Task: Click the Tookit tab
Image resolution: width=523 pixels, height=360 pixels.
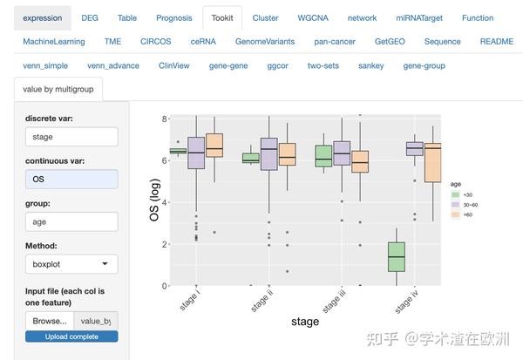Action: (221, 17)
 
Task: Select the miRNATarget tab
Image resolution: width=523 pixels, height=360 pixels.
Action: (419, 17)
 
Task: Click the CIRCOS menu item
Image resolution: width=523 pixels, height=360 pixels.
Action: (156, 41)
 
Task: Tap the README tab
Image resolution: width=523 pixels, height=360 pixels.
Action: (496, 41)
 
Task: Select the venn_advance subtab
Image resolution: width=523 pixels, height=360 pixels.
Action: (114, 65)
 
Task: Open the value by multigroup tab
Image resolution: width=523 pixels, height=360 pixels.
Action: (58, 88)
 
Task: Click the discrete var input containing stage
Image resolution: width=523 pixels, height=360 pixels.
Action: (71, 137)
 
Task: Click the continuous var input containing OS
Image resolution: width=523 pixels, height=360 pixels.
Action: (71, 179)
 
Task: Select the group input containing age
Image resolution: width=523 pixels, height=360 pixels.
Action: (71, 221)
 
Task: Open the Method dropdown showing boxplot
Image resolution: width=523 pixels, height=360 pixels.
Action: (71, 263)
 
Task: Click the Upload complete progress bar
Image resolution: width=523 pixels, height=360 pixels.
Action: (71, 336)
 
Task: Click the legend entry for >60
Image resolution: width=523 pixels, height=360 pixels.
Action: (463, 214)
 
